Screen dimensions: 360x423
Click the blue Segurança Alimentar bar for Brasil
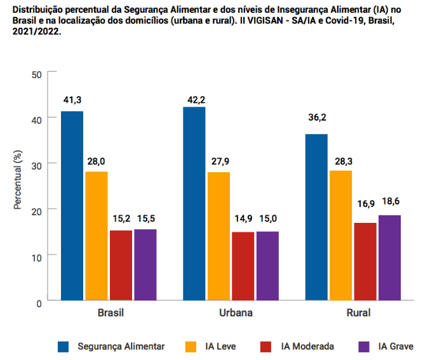click(72, 206)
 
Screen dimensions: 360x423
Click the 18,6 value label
click(390, 201)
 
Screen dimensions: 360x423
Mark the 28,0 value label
click(97, 162)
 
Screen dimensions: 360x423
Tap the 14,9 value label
click(243, 219)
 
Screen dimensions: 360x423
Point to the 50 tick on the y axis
click(36, 74)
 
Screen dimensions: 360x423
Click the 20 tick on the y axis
click(36, 210)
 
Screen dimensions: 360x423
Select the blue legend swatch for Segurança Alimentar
click(64, 347)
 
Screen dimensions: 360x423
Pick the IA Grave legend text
click(395, 347)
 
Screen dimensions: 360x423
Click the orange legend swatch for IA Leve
click(191, 347)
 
